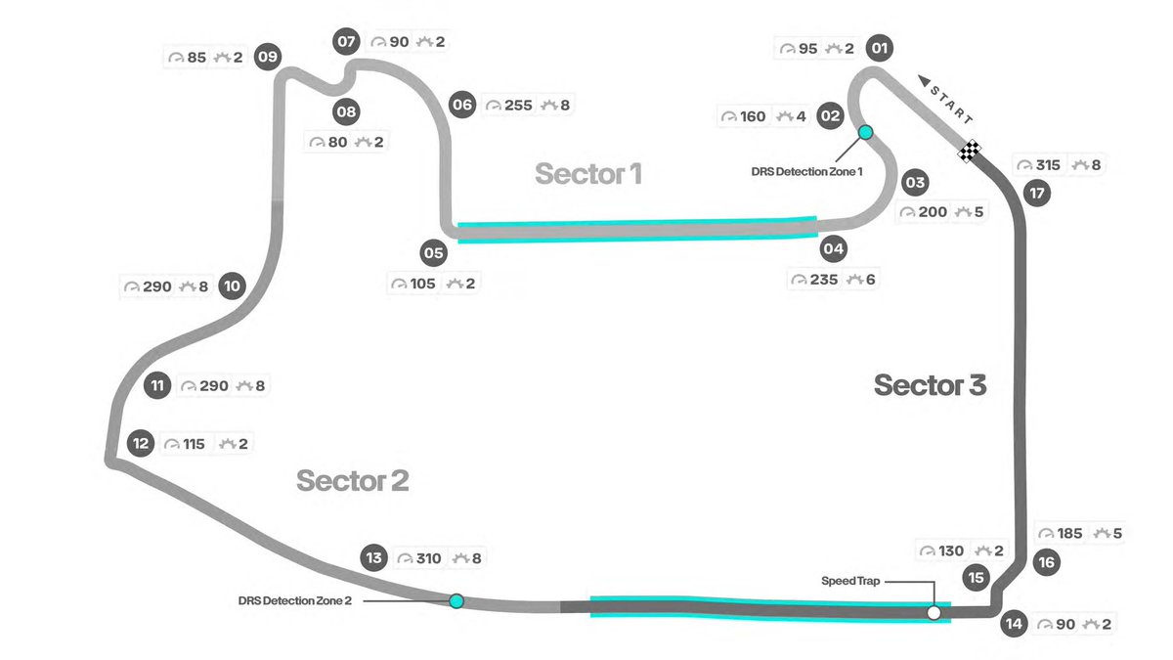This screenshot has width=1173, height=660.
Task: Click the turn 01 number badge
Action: pyautogui.click(x=880, y=48)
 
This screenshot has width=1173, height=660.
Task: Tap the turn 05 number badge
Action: pyautogui.click(x=433, y=253)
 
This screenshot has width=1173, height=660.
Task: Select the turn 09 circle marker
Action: pyautogui.click(x=267, y=57)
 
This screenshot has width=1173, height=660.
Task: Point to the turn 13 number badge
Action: pyautogui.click(x=373, y=558)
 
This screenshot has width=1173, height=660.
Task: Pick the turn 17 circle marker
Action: pyautogui.click(x=1037, y=193)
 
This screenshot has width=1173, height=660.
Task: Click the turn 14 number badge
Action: pyautogui.click(x=1016, y=623)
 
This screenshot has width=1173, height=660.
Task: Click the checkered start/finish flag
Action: pyautogui.click(x=970, y=151)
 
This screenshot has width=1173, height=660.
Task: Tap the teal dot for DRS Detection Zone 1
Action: pyautogui.click(x=865, y=131)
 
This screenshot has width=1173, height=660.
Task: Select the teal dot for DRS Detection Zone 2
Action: pyautogui.click(x=456, y=600)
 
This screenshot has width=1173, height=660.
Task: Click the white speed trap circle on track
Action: pyautogui.click(x=934, y=613)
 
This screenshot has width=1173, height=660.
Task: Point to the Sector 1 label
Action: pyautogui.click(x=588, y=174)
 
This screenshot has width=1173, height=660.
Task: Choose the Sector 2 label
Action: pyautogui.click(x=352, y=481)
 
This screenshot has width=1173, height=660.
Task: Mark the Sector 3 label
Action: pyautogui.click(x=930, y=385)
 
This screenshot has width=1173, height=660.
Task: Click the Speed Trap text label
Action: pyautogui.click(x=849, y=581)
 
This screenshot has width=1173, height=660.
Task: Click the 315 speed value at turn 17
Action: pyautogui.click(x=1047, y=165)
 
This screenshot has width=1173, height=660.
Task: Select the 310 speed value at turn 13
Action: pyautogui.click(x=427, y=559)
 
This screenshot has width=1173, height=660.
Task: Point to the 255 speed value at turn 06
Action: pyautogui.click(x=519, y=106)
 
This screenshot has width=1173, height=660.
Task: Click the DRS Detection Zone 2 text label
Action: pyautogui.click(x=294, y=600)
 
